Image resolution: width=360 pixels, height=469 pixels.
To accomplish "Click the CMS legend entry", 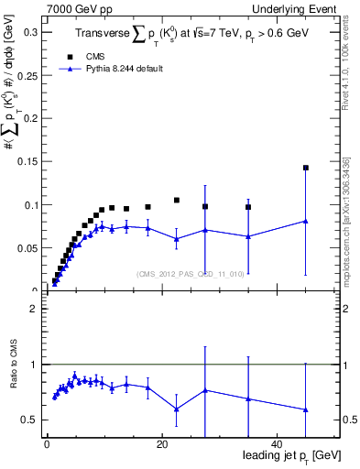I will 82,56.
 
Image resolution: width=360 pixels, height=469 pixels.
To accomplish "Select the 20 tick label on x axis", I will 162,444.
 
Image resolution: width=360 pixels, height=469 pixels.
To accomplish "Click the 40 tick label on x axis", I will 278,444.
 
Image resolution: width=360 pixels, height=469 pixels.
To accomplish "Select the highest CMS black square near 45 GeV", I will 306,168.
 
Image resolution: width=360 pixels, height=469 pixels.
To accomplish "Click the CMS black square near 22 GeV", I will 177,200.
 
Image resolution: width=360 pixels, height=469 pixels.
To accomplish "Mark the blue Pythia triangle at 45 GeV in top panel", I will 306,221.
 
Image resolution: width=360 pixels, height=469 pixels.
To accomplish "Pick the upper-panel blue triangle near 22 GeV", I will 177,239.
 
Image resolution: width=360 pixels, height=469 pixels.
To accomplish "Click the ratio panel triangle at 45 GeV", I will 306,409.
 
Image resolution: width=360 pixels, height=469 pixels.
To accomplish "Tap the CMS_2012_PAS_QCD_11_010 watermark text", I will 189,274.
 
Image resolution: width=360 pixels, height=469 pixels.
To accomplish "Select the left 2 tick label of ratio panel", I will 33,309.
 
